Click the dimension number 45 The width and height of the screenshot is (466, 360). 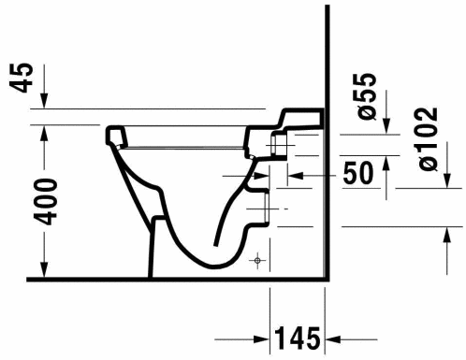tap(22, 78)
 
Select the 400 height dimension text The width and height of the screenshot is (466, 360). tap(46, 202)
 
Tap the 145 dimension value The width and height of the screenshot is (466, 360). tap(298, 338)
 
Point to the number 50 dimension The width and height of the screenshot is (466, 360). tap(357, 173)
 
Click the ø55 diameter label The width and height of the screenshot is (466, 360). tap(367, 96)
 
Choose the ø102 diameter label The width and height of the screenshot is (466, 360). tap(428, 138)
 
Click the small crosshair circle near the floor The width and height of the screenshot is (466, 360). tap(257, 260)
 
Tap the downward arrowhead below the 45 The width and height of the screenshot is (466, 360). tap(44, 100)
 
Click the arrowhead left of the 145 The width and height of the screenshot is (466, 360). tap(262, 339)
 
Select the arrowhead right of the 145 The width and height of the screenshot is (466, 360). tap(333, 339)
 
